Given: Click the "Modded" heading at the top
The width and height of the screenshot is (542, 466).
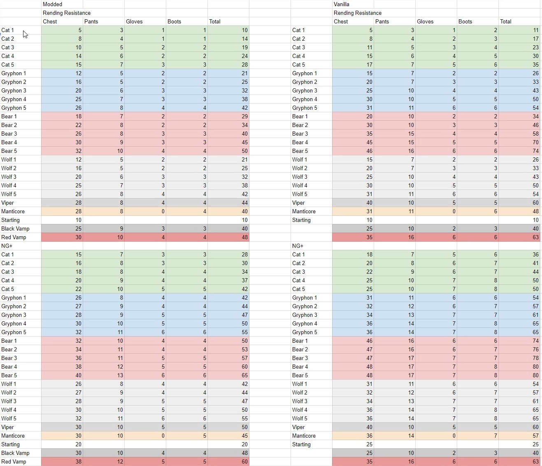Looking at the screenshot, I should tap(53, 4).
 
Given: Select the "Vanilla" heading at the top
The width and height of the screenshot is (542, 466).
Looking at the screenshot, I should tap(342, 4).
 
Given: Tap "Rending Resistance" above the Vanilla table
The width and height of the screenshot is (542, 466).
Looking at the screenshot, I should tap(358, 13).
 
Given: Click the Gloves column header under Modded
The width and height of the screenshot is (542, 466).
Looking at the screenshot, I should tap(134, 21).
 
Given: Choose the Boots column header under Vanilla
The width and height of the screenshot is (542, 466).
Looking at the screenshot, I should tap(465, 21).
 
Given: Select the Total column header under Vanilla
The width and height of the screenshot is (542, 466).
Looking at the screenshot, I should tap(506, 21).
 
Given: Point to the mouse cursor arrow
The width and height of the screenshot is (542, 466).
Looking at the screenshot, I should tap(25, 34).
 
